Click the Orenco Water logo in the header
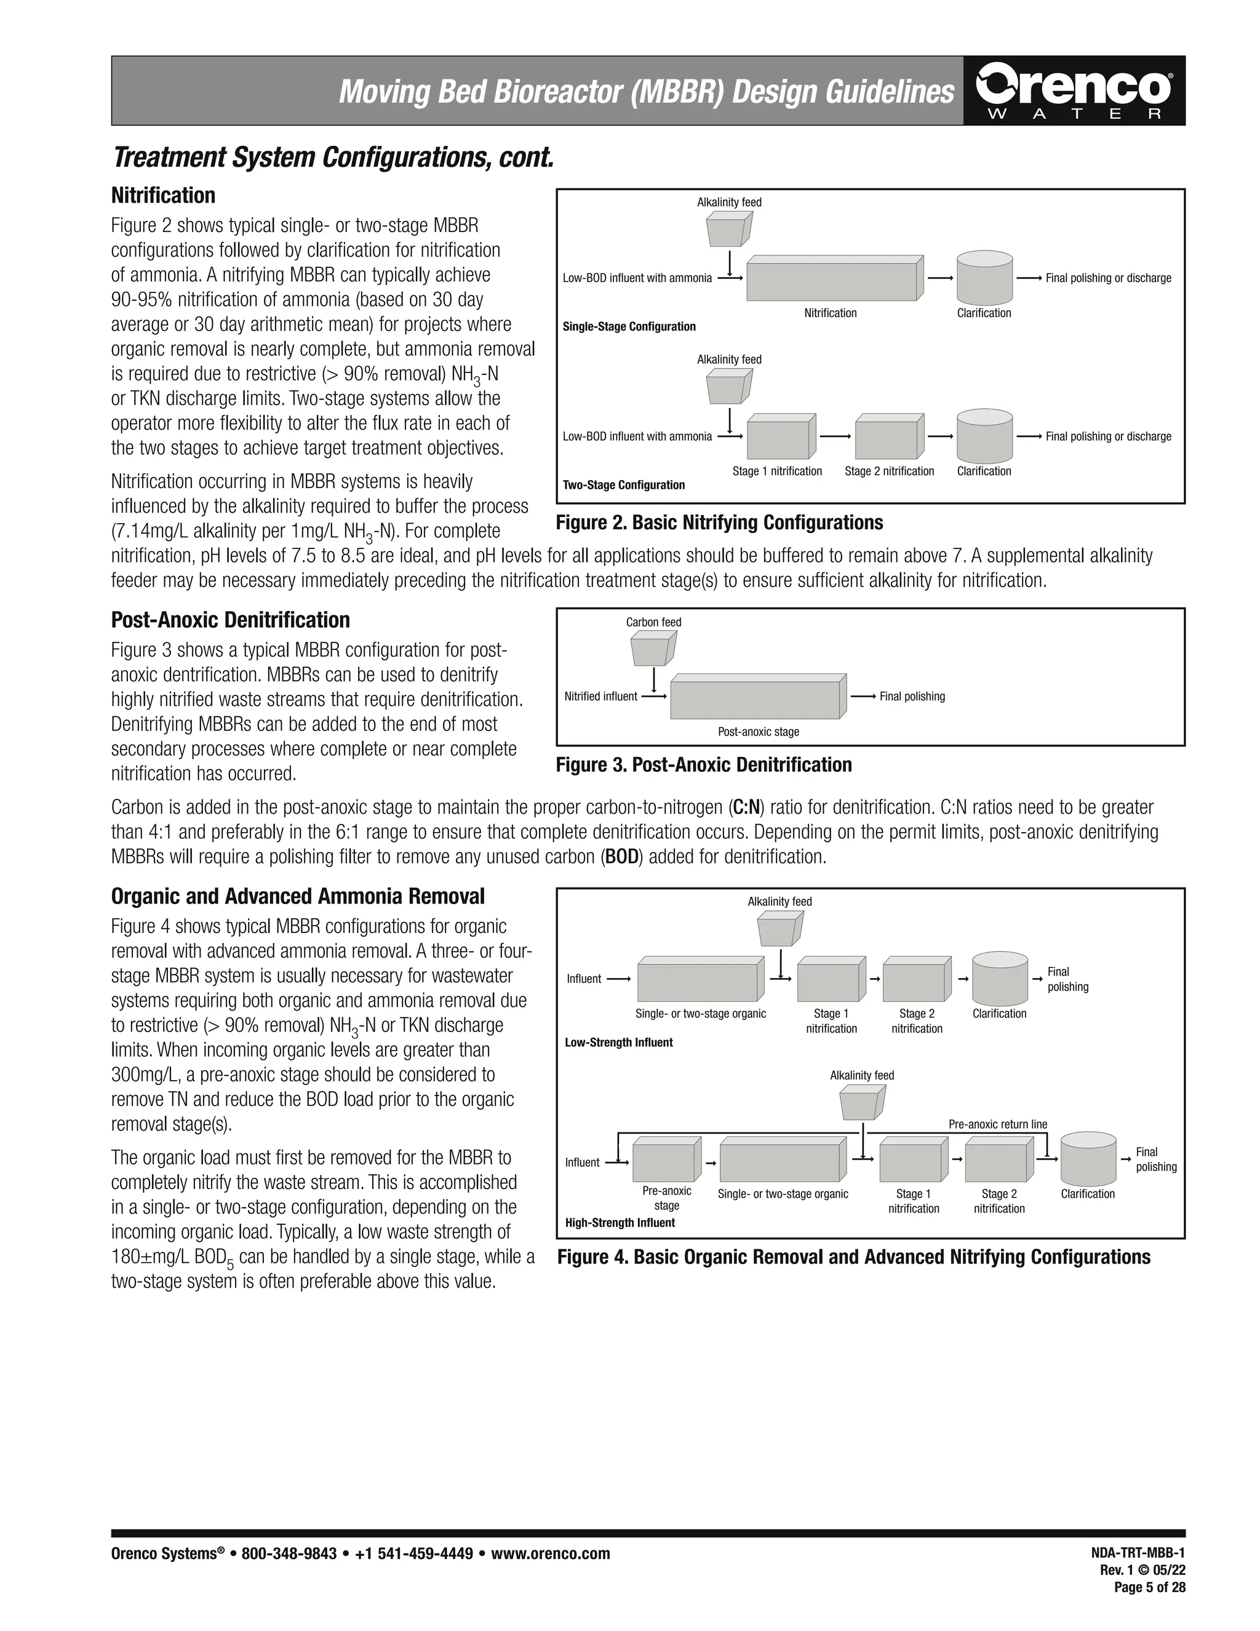point(1074,91)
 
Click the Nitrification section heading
point(162,196)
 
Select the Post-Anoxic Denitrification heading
point(230,620)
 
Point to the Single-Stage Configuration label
point(629,326)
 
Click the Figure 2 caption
point(719,523)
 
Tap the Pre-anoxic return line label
point(997,1124)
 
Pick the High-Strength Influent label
point(620,1222)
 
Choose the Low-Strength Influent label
point(618,1043)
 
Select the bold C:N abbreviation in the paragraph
point(746,807)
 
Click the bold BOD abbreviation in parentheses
point(623,857)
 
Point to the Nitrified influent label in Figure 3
point(600,697)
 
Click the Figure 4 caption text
point(853,1257)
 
